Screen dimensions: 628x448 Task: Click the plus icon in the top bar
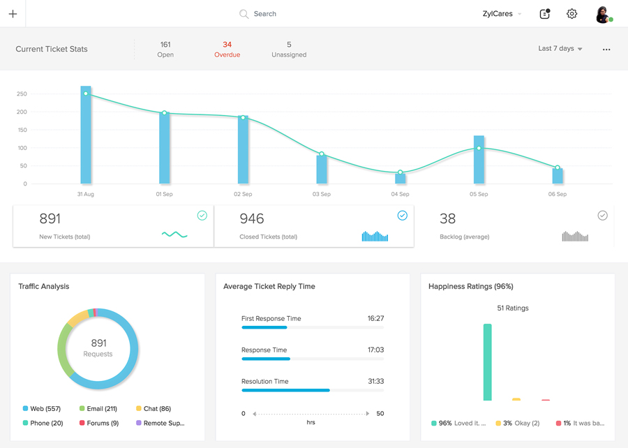click(x=13, y=14)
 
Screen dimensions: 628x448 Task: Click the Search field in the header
click(x=258, y=14)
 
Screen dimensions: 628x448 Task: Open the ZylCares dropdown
click(x=502, y=14)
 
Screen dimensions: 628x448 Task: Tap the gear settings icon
click(x=571, y=14)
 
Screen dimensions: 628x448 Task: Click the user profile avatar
click(x=603, y=15)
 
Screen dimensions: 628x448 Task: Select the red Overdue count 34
click(x=227, y=45)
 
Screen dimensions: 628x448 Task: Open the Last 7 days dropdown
click(x=560, y=48)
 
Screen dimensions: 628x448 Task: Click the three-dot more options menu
click(x=606, y=50)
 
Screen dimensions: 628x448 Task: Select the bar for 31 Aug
click(x=86, y=135)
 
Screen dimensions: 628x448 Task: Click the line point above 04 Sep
click(x=400, y=172)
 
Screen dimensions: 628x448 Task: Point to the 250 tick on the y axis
click(x=22, y=94)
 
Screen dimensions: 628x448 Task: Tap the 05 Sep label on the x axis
click(x=479, y=194)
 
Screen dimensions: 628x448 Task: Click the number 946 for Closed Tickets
click(x=251, y=218)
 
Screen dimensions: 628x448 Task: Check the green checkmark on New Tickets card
click(x=202, y=216)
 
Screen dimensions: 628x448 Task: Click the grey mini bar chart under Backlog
click(x=575, y=236)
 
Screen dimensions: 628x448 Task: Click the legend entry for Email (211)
click(x=98, y=409)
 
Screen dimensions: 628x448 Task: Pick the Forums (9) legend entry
click(x=99, y=423)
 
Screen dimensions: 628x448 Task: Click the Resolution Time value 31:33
click(x=375, y=382)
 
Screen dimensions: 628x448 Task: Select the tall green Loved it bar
click(x=488, y=362)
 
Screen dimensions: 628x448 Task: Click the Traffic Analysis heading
click(x=44, y=286)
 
